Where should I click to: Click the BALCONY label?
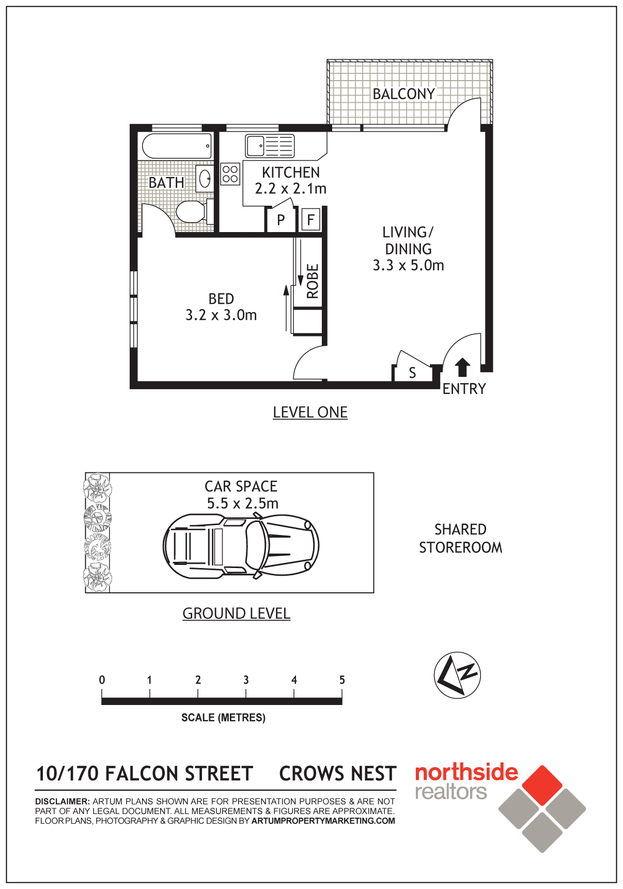(404, 94)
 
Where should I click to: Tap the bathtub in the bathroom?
(177, 146)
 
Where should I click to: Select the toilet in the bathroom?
(195, 211)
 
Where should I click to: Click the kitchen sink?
(270, 146)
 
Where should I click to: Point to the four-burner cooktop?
(230, 174)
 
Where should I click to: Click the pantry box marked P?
(281, 220)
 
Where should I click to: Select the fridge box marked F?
(310, 220)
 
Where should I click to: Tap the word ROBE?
(312, 281)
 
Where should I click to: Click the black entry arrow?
(462, 367)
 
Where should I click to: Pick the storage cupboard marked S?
(412, 373)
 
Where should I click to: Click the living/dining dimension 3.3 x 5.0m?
(409, 265)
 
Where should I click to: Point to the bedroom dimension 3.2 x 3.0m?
(221, 315)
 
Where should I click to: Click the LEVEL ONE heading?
(310, 412)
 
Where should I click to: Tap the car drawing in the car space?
(241, 545)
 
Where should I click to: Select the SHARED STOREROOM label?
(460, 538)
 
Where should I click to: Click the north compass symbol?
(457, 675)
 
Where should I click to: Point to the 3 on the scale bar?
(246, 680)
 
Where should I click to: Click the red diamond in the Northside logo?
(542, 785)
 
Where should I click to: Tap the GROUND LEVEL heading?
(236, 614)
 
